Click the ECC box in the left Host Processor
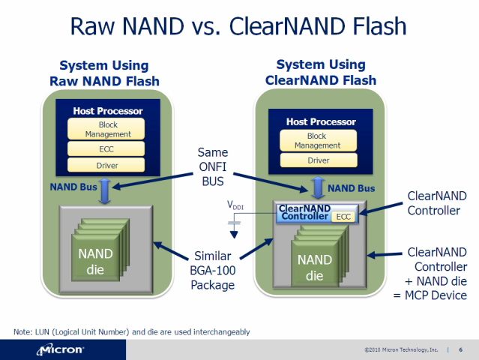[106, 148]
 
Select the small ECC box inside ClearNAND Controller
[343, 217]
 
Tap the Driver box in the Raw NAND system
[106, 165]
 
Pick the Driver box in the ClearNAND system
[319, 160]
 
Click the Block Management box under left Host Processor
[106, 129]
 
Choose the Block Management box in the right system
[319, 140]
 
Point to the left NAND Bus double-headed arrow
[105, 191]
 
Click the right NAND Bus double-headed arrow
[318, 188]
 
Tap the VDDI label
[235, 205]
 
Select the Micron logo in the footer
[60, 349]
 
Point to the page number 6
[461, 349]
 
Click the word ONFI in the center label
[213, 166]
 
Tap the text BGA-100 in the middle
[213, 271]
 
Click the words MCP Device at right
[436, 295]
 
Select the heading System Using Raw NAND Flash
[104, 73]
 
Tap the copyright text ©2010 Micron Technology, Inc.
[401, 349]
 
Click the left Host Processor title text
[108, 111]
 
